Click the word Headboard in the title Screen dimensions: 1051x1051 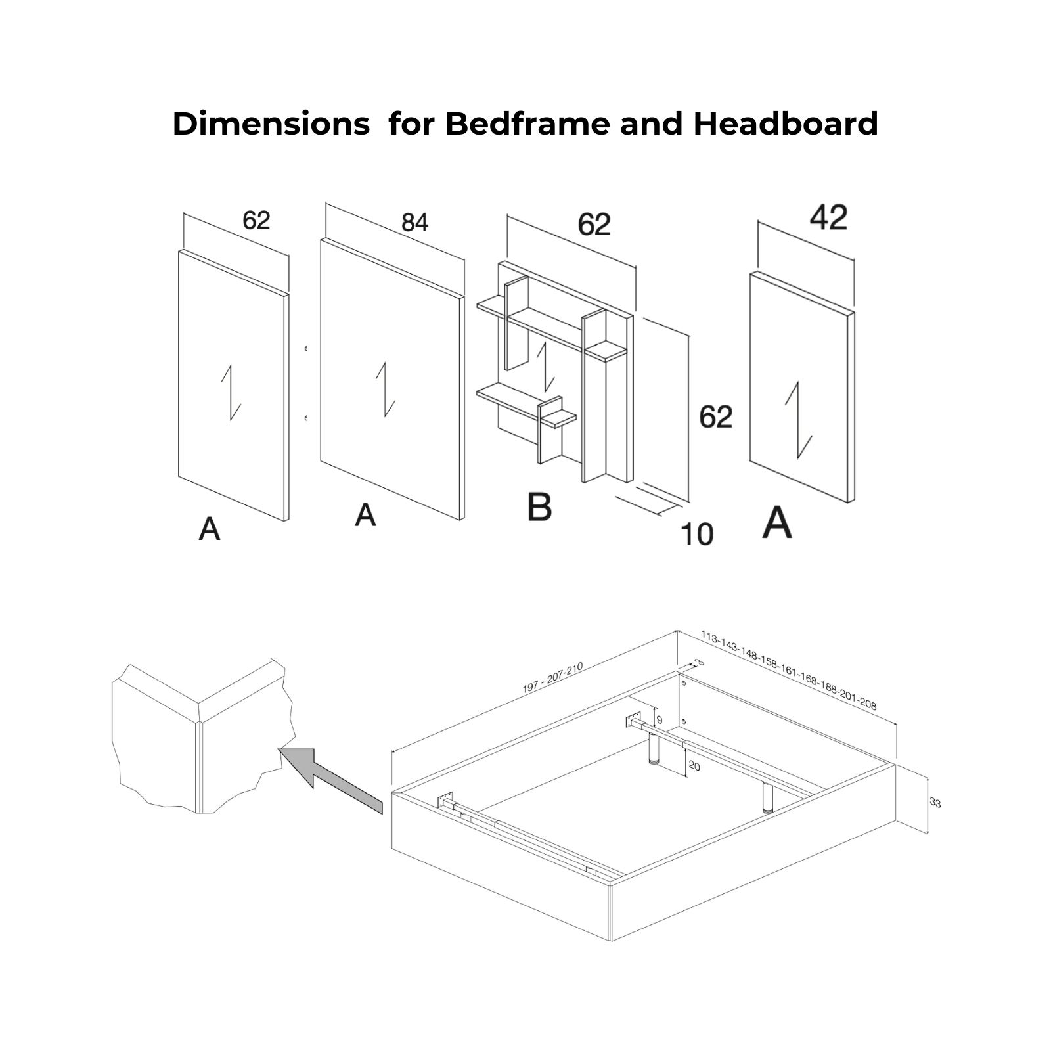tap(786, 123)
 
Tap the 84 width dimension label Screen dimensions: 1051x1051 tap(414, 223)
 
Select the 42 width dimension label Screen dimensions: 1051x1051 tap(828, 217)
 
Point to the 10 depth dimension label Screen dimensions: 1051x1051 tap(697, 535)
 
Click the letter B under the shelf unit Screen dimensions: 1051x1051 tap(539, 507)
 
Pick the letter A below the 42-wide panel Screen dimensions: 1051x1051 tap(777, 523)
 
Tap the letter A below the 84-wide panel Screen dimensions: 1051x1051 tap(365, 515)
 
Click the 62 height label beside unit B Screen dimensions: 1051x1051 tap(715, 417)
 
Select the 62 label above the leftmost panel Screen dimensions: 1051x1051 tap(256, 220)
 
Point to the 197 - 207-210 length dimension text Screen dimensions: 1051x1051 tap(552, 679)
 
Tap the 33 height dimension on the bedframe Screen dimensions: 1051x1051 tap(935, 803)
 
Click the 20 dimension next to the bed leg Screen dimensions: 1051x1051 tap(694, 767)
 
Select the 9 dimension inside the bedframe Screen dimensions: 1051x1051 tap(660, 720)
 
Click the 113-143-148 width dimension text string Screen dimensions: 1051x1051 tap(788, 671)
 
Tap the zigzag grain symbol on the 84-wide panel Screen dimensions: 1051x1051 tap(386, 390)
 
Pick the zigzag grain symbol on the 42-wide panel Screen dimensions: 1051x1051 tap(799, 420)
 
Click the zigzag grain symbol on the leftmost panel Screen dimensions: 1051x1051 tap(231, 393)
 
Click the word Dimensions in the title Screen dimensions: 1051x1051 tap(271, 123)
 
